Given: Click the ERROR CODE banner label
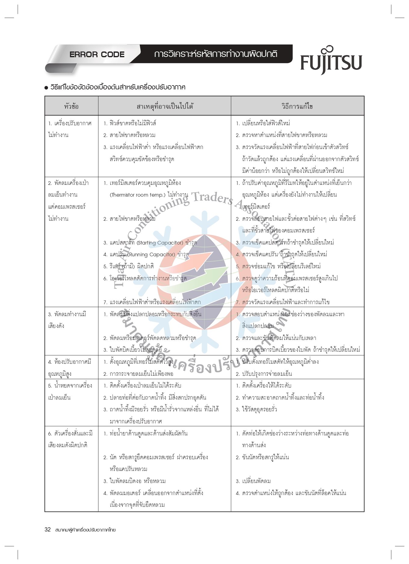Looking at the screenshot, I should pyautogui.click(x=97, y=55).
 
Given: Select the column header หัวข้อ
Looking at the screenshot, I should pyautogui.click(x=71, y=106).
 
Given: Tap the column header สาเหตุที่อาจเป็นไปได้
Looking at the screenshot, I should pyautogui.click(x=165, y=106).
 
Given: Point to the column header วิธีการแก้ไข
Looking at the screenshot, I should pyautogui.click(x=297, y=106).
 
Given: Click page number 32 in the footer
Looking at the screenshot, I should pyautogui.click(x=48, y=529).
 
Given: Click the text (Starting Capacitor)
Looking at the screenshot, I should pyautogui.click(x=160, y=243).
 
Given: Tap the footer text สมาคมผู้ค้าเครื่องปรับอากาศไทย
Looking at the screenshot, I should pyautogui.click(x=85, y=530).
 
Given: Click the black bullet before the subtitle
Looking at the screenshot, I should pyautogui.click(x=46, y=88).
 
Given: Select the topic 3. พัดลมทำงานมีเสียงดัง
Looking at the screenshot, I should pyautogui.click(x=67, y=320).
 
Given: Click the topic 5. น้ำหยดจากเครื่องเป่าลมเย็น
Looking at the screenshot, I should pyautogui.click(x=70, y=391).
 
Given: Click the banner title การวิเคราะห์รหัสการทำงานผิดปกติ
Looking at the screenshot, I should pyautogui.click(x=215, y=54).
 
